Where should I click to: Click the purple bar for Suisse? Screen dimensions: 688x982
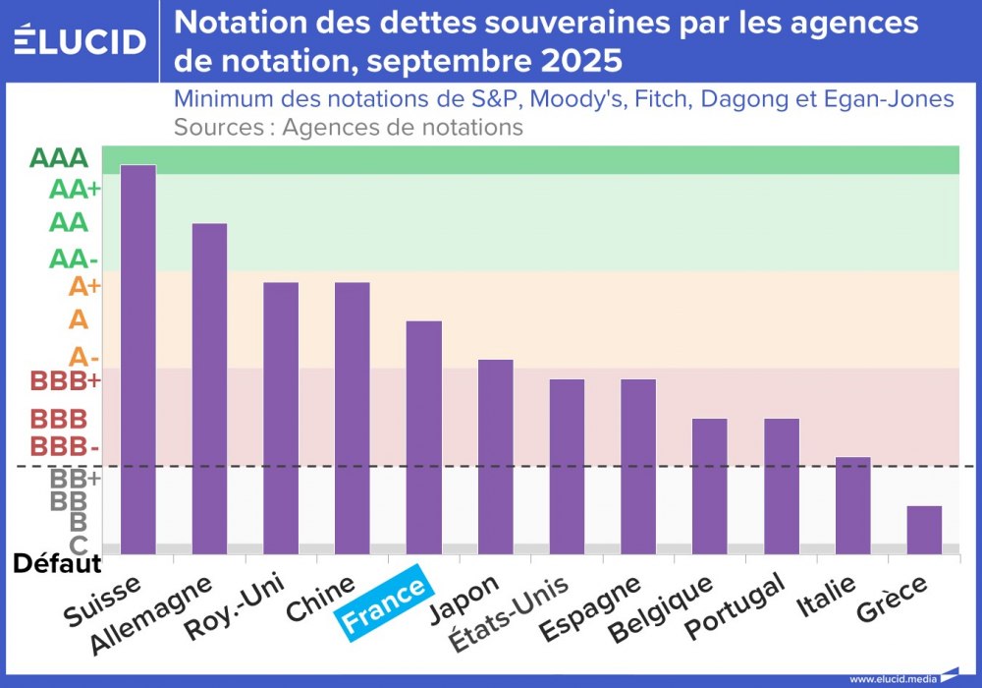coord(137,359)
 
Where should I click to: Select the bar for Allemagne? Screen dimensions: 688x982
coord(209,388)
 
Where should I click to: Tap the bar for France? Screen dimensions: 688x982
coord(423,437)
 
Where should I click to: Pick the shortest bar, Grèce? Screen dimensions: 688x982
coord(924,530)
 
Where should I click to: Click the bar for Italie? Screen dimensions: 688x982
coord(852,505)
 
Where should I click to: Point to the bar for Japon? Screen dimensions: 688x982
coord(495,457)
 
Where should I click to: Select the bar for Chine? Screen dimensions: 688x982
coord(353,418)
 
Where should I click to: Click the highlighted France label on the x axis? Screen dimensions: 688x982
coord(383,602)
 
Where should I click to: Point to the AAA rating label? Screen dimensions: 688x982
coord(59,158)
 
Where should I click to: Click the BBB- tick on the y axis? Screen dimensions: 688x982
coord(65,446)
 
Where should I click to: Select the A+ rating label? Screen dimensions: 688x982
coord(84,286)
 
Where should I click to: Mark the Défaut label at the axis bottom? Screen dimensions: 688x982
coord(57,564)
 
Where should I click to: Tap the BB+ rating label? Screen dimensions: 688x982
coord(75,479)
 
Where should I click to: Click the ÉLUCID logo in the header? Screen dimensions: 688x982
coord(80,40)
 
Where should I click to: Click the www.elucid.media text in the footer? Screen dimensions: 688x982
coord(891,678)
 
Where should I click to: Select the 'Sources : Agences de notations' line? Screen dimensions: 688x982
coord(348,127)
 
